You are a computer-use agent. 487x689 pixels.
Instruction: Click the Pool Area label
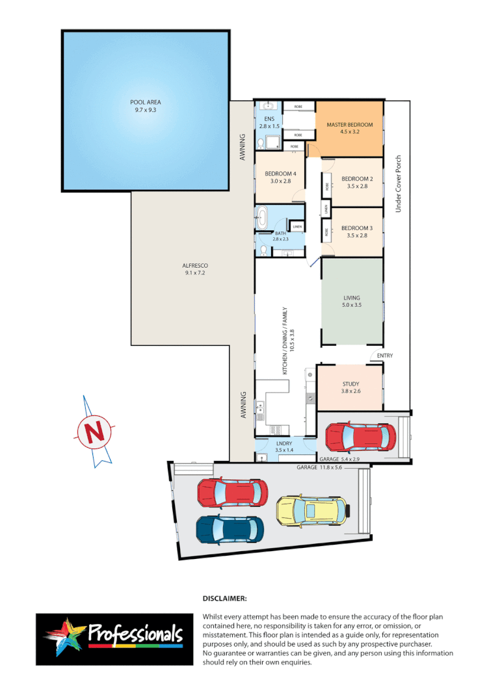pos(145,106)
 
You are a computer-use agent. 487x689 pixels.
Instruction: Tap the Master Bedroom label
pos(350,128)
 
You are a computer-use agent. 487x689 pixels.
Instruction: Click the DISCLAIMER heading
pos(225,597)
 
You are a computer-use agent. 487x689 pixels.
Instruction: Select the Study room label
pos(350,388)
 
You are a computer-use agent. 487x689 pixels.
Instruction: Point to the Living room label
pos(351,302)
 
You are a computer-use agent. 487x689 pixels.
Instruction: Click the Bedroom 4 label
pos(280,177)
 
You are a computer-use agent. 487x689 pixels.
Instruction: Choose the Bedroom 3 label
pos(357,232)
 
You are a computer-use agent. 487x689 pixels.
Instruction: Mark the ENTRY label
pos(384,356)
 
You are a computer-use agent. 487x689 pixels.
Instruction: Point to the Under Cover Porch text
pos(399,185)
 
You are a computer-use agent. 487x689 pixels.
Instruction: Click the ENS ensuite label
pos(269,122)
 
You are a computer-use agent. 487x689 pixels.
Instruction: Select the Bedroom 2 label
pos(357,183)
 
